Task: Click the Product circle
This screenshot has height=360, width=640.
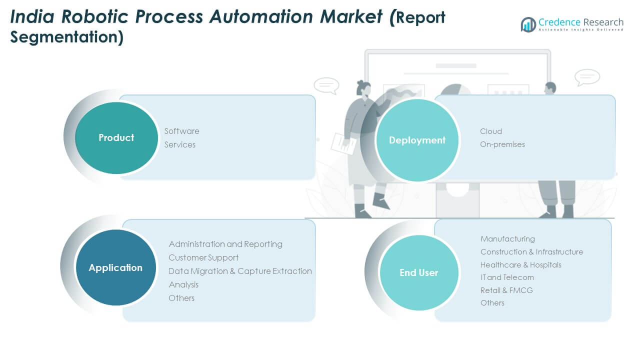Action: tap(116, 138)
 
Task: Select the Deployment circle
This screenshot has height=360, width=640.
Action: tap(417, 140)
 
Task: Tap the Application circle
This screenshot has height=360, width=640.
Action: tap(115, 268)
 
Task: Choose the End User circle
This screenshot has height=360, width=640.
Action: tap(418, 272)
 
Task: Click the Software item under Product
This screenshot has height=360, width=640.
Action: tap(182, 131)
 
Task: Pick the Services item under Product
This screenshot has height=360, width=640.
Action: tap(180, 144)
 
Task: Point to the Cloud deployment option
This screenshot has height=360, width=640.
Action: tap(491, 131)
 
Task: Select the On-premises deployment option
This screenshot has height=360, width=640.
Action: tap(502, 144)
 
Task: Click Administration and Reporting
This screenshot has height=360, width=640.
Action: tap(225, 244)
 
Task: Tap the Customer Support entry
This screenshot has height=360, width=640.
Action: tap(203, 257)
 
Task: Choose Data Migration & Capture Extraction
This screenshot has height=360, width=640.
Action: tap(240, 271)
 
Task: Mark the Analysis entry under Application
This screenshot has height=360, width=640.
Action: tap(183, 284)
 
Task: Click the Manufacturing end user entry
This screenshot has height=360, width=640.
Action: tap(507, 239)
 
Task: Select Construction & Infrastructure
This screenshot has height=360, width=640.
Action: tap(531, 252)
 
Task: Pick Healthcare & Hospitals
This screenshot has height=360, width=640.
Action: tap(520, 265)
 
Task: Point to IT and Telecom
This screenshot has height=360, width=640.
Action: tap(507, 277)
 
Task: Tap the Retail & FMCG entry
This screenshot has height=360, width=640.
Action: tap(506, 290)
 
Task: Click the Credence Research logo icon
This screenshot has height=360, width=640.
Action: tap(528, 24)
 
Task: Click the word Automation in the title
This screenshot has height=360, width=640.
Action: tap(296, 16)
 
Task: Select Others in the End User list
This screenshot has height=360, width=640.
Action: tap(492, 303)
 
